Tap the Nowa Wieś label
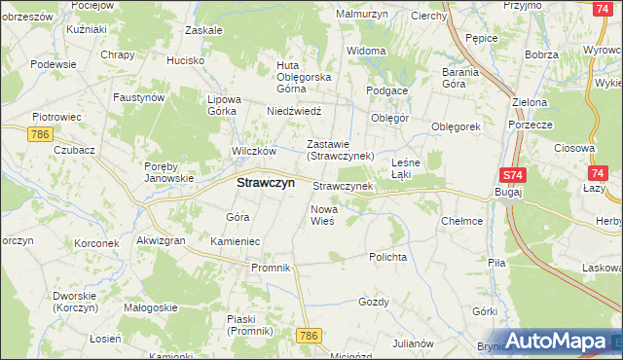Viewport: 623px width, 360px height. click(x=322, y=215)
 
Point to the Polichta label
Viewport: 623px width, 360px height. click(x=386, y=257)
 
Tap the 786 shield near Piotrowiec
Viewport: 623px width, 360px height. click(x=40, y=133)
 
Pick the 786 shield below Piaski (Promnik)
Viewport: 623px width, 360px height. click(x=310, y=335)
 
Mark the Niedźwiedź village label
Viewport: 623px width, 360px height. click(x=294, y=111)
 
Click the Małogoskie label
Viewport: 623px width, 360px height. click(x=150, y=307)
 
